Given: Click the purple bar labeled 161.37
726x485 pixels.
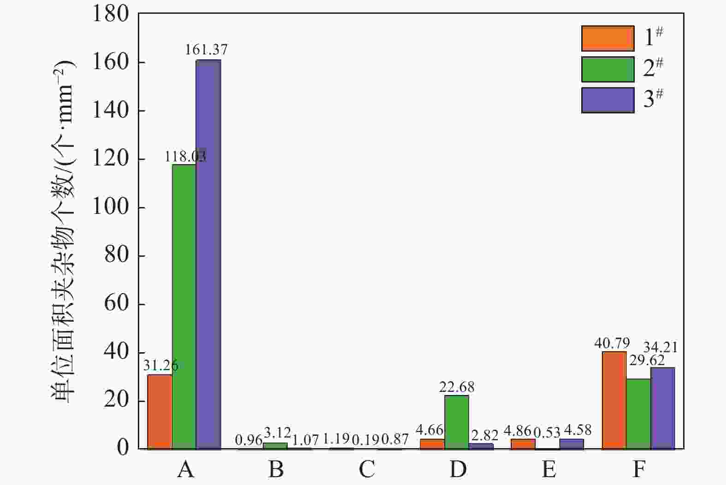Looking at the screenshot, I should point(208,254).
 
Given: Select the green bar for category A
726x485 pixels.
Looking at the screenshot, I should point(184,306).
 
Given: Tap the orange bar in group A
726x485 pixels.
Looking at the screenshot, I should point(159,411).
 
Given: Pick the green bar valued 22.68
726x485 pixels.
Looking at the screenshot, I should point(456,422).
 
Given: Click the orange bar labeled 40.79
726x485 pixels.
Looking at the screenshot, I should point(614,400).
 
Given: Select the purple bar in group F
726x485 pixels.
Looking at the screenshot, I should point(662,408).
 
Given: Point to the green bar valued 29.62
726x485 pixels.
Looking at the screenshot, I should point(638,414).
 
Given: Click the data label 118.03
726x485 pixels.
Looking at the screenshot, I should point(185,157).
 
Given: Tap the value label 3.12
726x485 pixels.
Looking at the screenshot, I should point(277,433).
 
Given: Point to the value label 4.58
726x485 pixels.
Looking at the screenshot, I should point(577,430).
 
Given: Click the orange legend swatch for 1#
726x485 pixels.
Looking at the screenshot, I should point(608,38).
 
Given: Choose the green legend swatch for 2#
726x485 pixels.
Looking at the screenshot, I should point(608,69).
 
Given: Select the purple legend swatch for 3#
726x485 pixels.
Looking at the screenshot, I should point(608,100).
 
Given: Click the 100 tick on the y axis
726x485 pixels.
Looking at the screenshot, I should point(111,207).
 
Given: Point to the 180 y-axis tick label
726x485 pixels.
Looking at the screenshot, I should point(111,14).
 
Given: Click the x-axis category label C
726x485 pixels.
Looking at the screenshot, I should point(367,469).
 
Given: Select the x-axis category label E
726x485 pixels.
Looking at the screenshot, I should point(549,469).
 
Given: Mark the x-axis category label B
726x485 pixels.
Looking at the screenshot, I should point(276,469).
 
